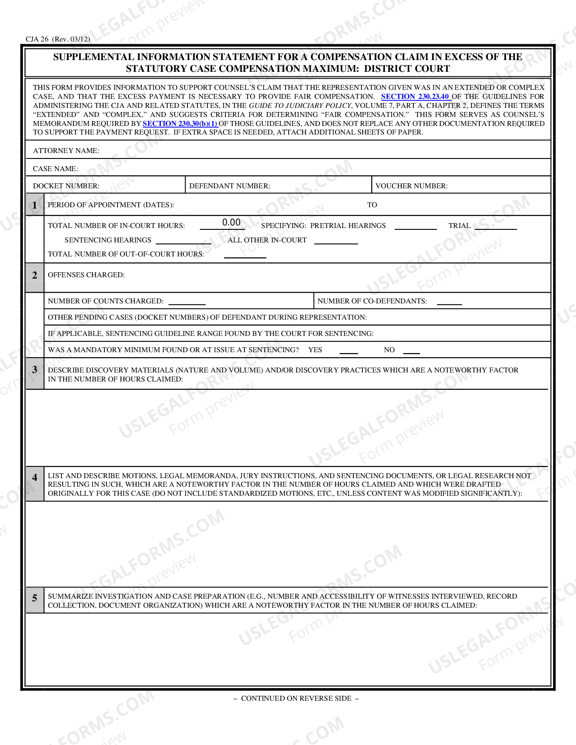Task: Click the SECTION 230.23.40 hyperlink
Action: pos(415,96)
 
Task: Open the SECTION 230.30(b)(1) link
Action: pos(180,123)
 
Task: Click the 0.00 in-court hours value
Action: pos(231,223)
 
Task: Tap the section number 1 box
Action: pos(35,205)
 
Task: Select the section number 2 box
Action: pos(35,275)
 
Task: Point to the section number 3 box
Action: pos(35,370)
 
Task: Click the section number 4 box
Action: pos(35,478)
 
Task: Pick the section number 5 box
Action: pos(35,598)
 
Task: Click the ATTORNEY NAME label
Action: pos(66,151)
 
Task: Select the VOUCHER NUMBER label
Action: pos(411,186)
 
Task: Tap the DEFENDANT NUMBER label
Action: pos(229,186)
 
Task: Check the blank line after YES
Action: pos(348,351)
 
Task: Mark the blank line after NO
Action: pos(411,351)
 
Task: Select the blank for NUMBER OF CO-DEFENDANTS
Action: pos(449,303)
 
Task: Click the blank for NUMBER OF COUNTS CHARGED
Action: pos(187,303)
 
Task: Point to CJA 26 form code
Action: pos(58,39)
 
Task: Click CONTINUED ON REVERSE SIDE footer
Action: pos(296,698)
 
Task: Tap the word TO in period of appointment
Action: pos(372,205)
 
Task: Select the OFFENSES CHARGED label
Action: pos(86,275)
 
